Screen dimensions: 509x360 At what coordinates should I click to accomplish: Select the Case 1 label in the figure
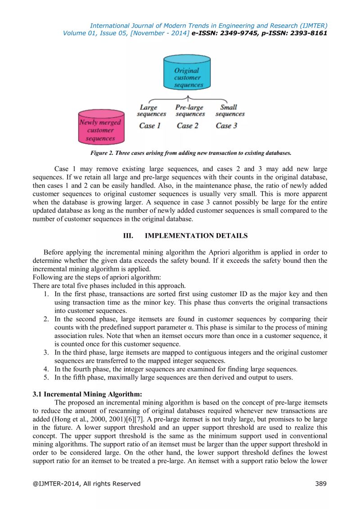coord(150,126)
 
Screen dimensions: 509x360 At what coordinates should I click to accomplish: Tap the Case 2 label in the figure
coord(188,126)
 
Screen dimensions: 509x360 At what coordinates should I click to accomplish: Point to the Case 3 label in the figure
coord(226,126)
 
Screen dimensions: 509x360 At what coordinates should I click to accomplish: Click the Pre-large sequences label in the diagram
coord(189,111)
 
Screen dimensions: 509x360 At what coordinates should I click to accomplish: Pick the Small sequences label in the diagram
coord(229,111)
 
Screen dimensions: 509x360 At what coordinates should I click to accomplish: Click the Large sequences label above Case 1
coord(151,111)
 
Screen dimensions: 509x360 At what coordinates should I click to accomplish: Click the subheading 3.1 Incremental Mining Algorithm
coord(87,394)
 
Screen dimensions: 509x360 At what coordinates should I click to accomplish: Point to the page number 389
coord(320,484)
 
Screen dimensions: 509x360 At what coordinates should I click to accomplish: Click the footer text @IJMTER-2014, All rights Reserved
coord(86,484)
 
